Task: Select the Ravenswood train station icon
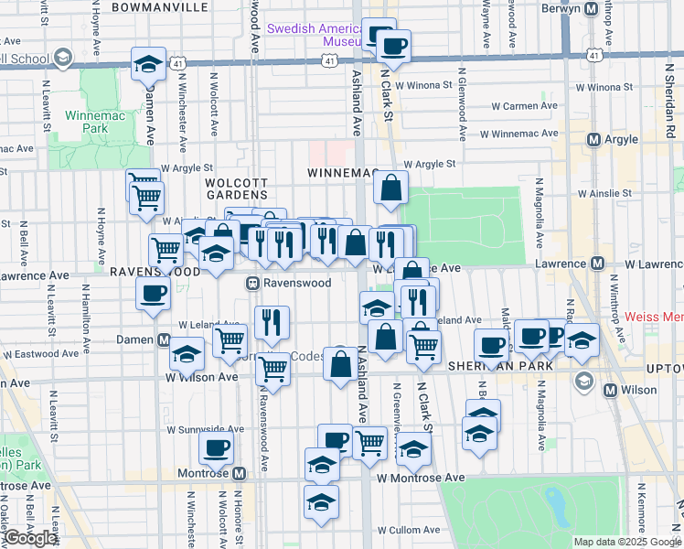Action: pyautogui.click(x=253, y=284)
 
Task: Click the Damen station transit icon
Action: pyautogui.click(x=164, y=339)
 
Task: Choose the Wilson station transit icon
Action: pyautogui.click(x=612, y=390)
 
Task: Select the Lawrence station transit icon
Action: pyautogui.click(x=597, y=264)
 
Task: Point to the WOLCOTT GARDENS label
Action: pyautogui.click(x=236, y=188)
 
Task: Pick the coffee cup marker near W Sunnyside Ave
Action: pyautogui.click(x=216, y=447)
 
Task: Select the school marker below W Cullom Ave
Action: pyautogui.click(x=321, y=502)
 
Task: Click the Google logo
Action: pyautogui.click(x=31, y=538)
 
